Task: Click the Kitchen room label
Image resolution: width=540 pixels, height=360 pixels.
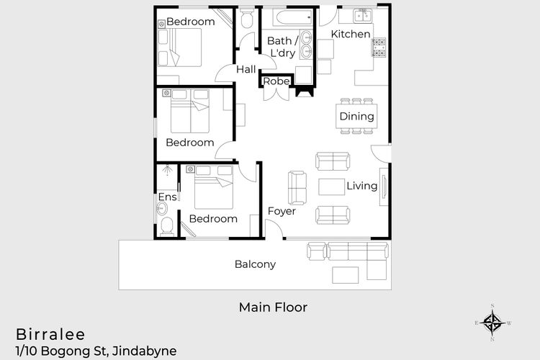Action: pos(351,34)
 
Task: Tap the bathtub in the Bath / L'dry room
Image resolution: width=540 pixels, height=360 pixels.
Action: pos(293,17)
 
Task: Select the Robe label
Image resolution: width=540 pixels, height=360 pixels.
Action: pos(276,81)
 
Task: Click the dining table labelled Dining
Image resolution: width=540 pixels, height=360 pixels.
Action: pos(356,116)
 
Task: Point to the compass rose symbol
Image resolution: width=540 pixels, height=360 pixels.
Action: pos(492,323)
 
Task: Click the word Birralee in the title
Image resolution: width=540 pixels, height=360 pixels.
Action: pos(50,335)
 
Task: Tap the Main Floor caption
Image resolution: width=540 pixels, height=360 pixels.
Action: pos(273,307)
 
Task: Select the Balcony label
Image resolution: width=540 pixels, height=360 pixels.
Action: pos(255,264)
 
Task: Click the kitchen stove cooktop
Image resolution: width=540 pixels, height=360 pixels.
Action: pos(379,48)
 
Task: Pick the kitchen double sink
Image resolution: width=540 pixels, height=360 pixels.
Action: pos(362,16)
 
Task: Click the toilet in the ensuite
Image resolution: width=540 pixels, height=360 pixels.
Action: pos(167,226)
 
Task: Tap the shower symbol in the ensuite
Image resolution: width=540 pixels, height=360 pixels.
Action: pos(167,171)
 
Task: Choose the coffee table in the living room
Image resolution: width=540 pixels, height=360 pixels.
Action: pos(331,186)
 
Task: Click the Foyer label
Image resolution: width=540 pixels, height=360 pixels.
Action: pos(282,211)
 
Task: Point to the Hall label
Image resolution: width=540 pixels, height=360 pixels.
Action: pos(246,69)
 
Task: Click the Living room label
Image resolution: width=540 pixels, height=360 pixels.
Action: pos(361,186)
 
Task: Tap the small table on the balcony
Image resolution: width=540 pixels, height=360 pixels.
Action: pos(345,275)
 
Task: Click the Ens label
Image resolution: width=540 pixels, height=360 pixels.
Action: pos(167,197)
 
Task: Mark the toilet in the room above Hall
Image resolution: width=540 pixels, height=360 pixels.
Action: pos(246,18)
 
